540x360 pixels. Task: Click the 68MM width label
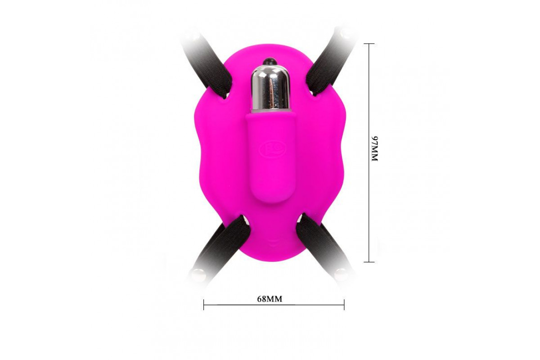tap(270, 299)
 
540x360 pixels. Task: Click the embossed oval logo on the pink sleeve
tap(273, 149)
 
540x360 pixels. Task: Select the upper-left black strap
tap(207, 67)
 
